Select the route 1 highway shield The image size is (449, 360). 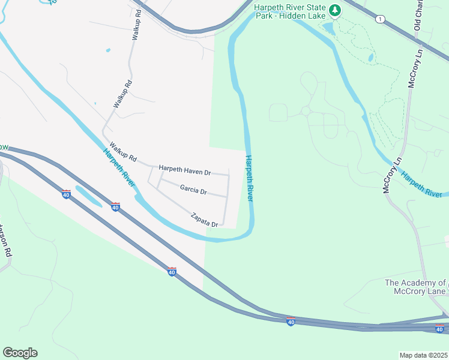click(379, 20)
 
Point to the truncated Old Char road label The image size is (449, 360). click(418, 16)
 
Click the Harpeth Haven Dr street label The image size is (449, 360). click(184, 170)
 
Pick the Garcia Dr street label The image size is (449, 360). click(193, 190)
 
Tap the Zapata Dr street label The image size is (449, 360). click(204, 220)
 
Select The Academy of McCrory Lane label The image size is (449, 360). click(415, 287)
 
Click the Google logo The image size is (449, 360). click(20, 353)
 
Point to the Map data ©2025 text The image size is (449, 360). click(423, 355)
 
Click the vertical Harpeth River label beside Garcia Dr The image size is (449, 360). click(249, 178)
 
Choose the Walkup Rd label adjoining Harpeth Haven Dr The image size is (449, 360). click(123, 152)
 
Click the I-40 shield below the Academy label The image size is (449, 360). click(439, 328)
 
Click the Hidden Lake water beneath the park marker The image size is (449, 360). click(328, 28)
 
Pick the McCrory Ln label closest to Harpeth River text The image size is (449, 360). click(391, 175)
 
